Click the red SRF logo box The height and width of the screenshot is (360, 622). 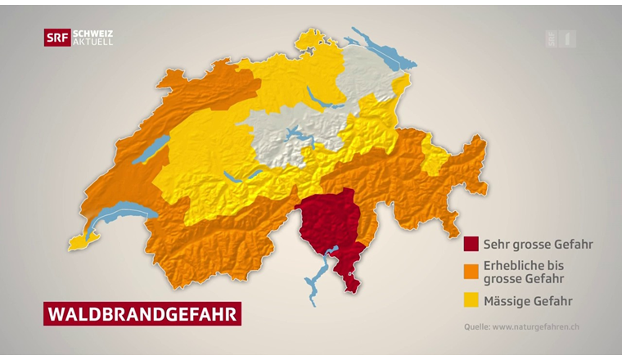(x=56, y=38)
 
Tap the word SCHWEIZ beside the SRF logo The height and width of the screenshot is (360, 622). (x=92, y=34)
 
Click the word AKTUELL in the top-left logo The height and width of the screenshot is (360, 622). (x=92, y=42)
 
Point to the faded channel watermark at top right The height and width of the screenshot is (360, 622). (x=561, y=38)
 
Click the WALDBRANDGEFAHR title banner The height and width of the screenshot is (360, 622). (x=142, y=314)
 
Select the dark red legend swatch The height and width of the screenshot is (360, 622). (x=471, y=244)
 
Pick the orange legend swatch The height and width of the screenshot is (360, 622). (x=471, y=271)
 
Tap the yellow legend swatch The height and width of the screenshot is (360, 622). (x=471, y=300)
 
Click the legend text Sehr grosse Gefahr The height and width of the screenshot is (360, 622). (x=538, y=244)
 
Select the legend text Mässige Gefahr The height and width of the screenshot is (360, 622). (x=528, y=301)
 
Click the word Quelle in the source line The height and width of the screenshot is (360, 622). (x=476, y=326)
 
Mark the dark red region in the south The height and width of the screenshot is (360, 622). (x=327, y=225)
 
